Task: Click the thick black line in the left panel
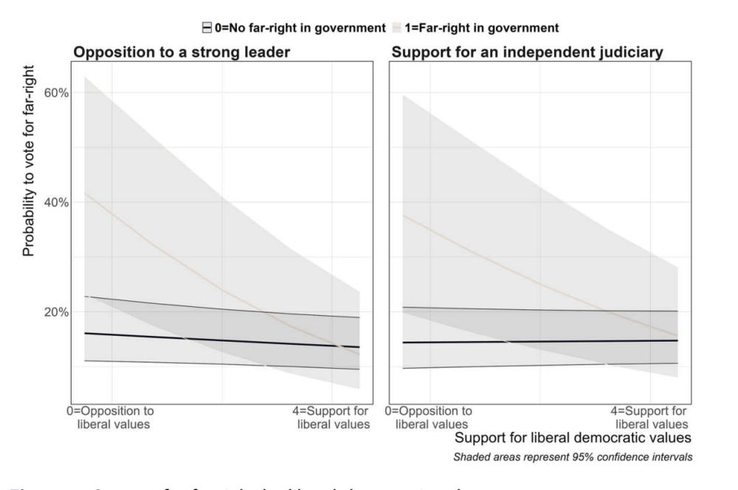221,340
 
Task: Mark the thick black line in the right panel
539,341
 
